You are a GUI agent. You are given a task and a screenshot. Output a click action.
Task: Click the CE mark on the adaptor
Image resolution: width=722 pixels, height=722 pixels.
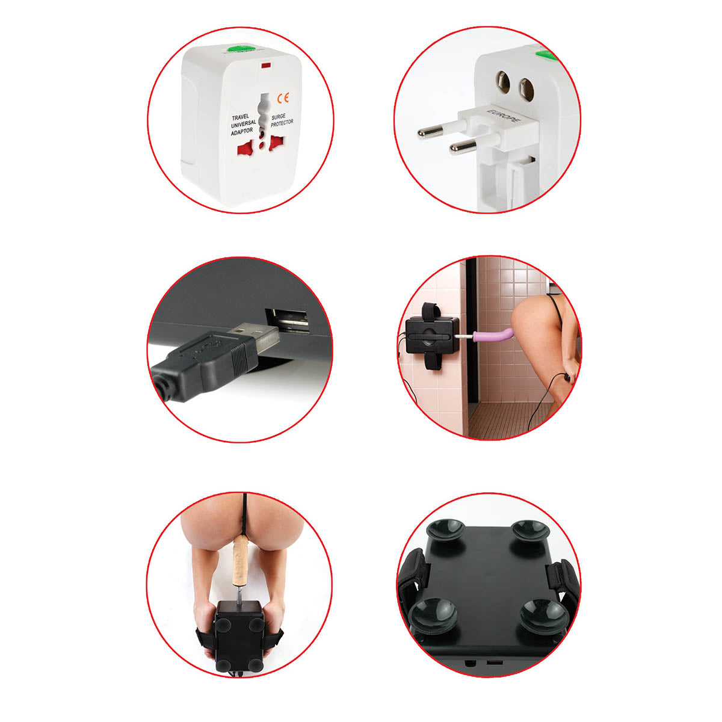click(x=283, y=98)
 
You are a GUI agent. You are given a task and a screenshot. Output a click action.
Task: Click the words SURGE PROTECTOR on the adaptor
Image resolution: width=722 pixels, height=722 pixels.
click(x=282, y=120)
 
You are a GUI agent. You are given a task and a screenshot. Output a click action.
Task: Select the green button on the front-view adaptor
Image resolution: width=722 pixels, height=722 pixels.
click(x=239, y=49)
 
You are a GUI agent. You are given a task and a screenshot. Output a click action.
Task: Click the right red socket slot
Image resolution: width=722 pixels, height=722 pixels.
click(x=277, y=143)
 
